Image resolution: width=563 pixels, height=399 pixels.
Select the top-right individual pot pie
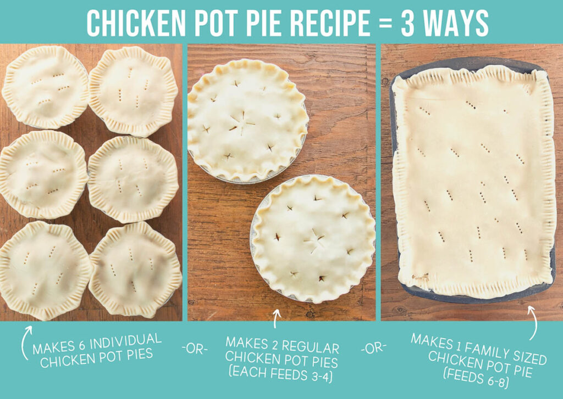click(x=134, y=91)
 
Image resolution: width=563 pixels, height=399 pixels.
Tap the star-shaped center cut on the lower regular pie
click(x=315, y=240)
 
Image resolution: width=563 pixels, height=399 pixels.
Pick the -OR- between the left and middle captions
click(x=194, y=350)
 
